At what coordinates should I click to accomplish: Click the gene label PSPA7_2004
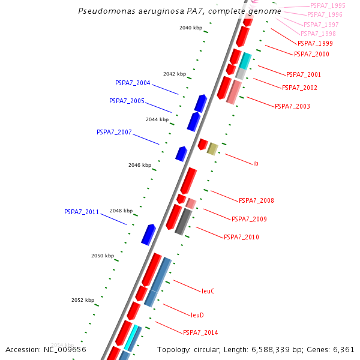point(133,83)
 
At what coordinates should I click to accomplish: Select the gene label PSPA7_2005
point(127,101)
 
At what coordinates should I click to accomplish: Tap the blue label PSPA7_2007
point(114,132)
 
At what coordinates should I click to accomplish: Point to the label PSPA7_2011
point(82,212)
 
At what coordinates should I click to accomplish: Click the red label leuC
point(208,291)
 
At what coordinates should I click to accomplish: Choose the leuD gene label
point(197,315)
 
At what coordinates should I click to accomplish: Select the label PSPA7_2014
point(200,332)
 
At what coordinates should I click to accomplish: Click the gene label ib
point(256,163)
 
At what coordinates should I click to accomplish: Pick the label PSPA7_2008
point(256,200)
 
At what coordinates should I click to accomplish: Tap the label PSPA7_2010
point(241,238)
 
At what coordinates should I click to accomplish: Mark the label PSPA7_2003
point(292,106)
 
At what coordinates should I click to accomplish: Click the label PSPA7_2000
point(311,55)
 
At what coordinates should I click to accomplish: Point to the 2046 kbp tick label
point(140,165)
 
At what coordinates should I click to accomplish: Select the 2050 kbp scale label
point(103,256)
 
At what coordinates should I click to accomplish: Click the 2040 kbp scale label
point(191,28)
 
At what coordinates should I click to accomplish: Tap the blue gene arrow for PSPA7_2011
point(148,234)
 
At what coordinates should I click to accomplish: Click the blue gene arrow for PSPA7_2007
point(181,154)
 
